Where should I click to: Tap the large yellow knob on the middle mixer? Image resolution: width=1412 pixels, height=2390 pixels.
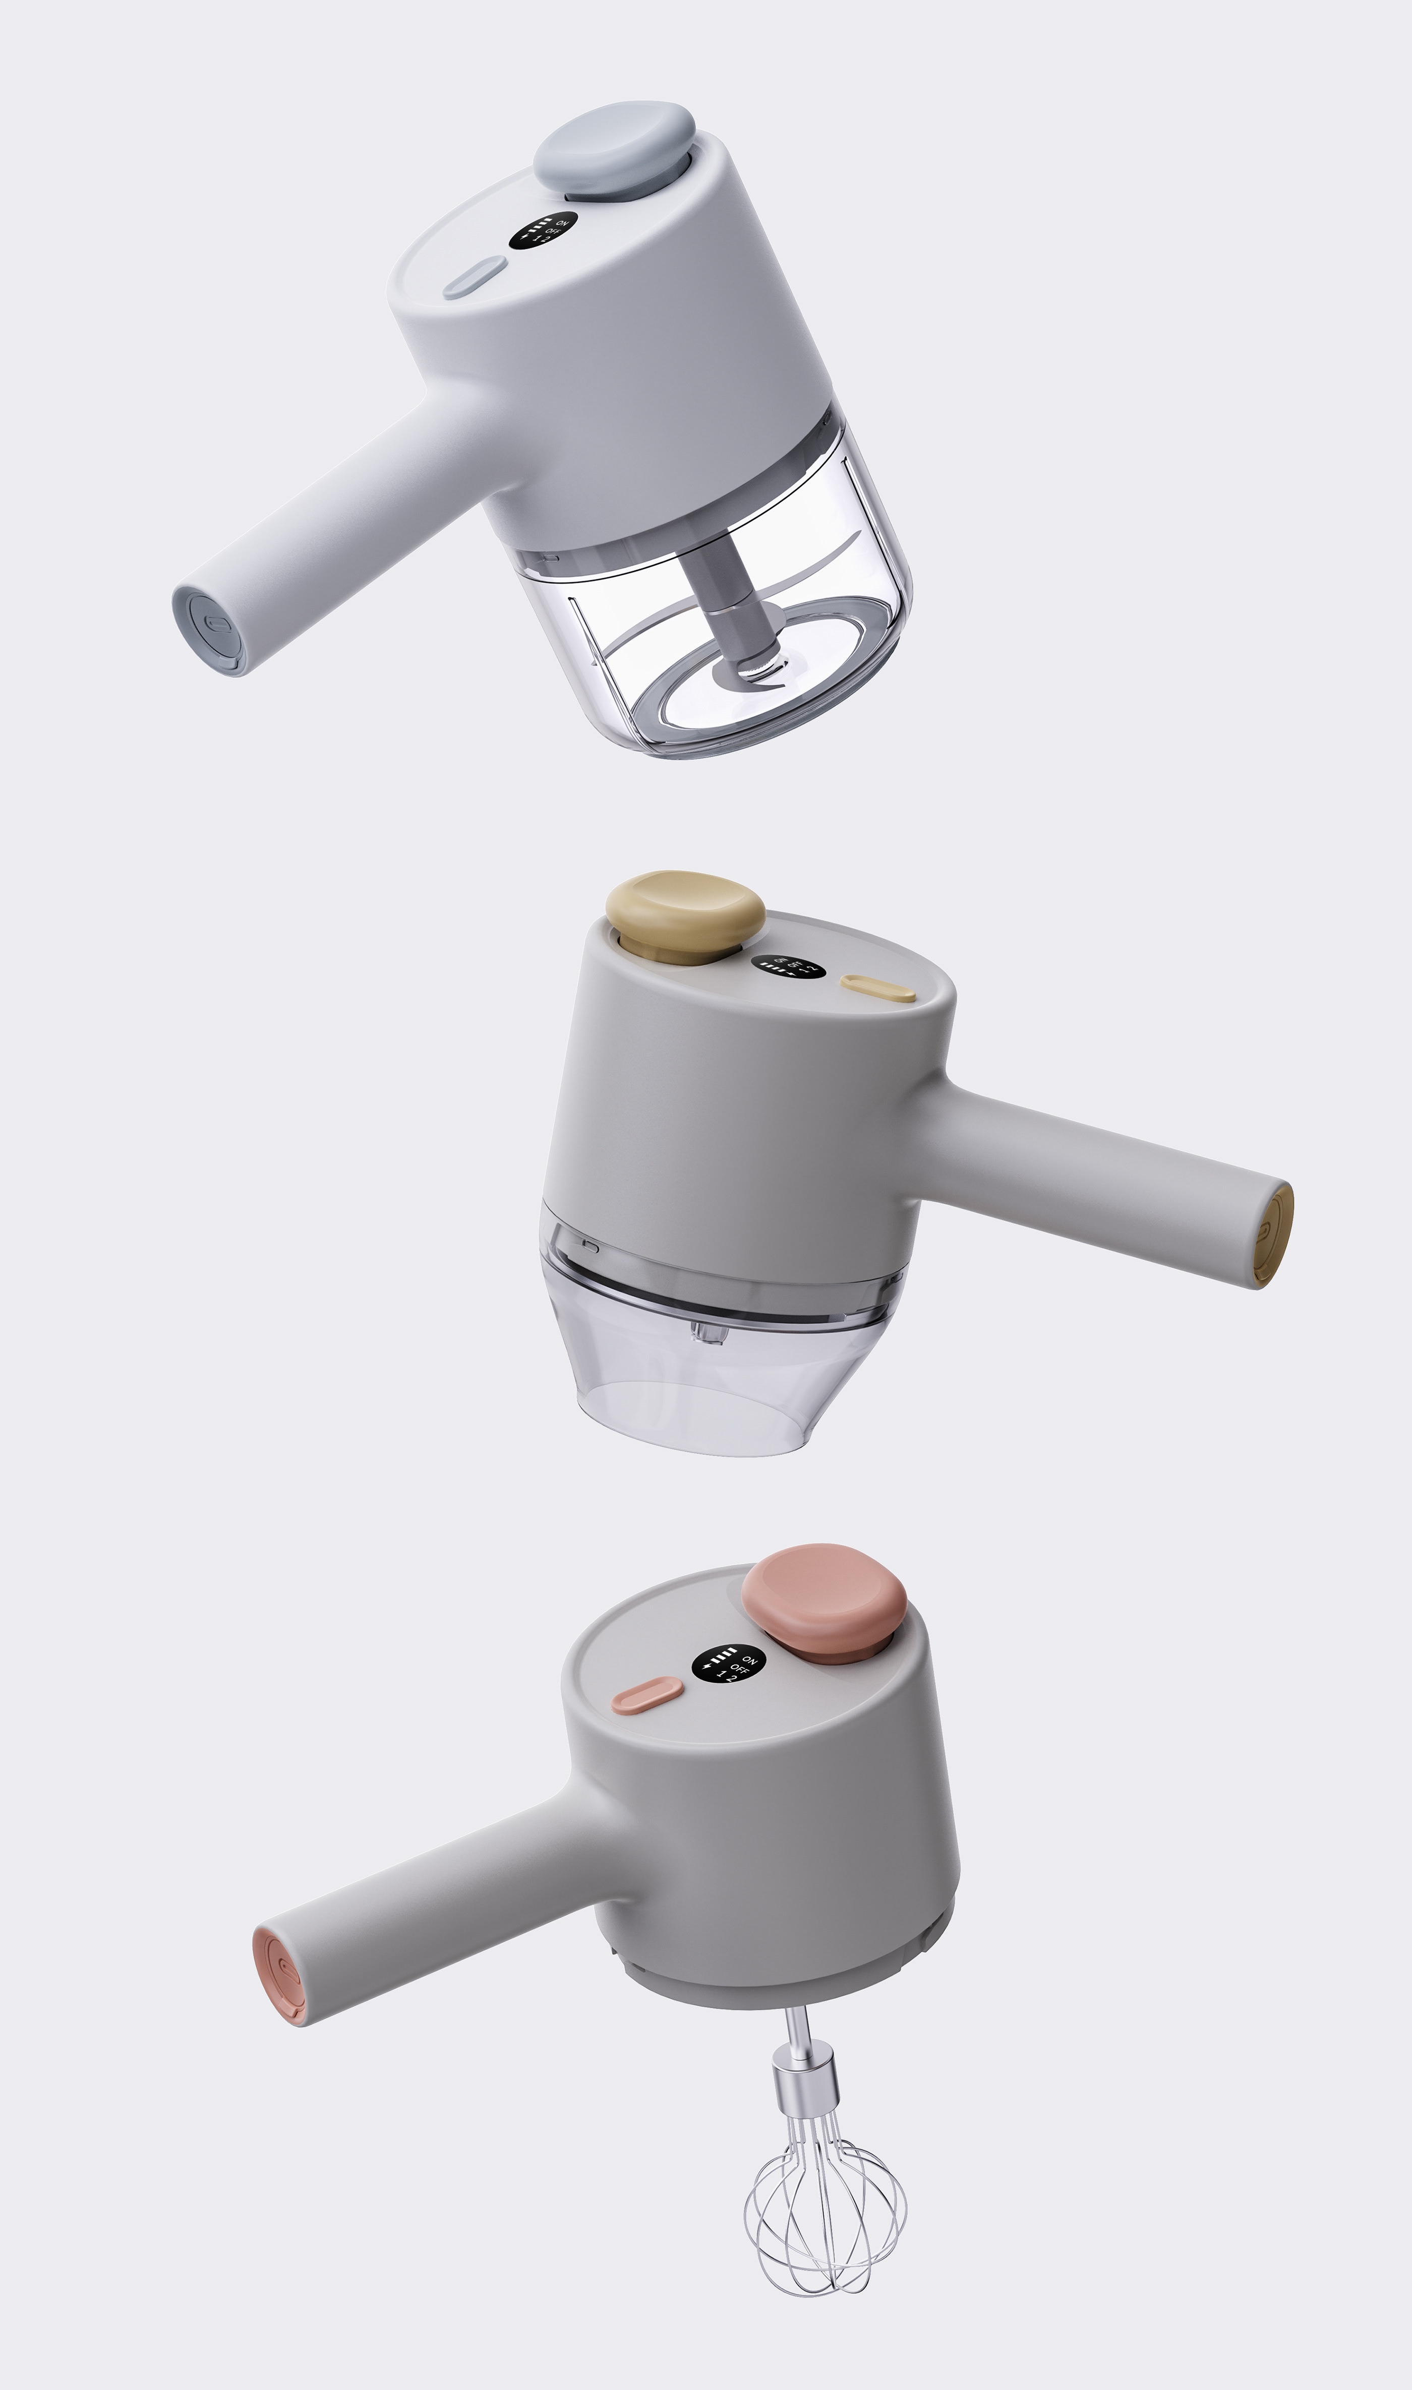click(685, 913)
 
